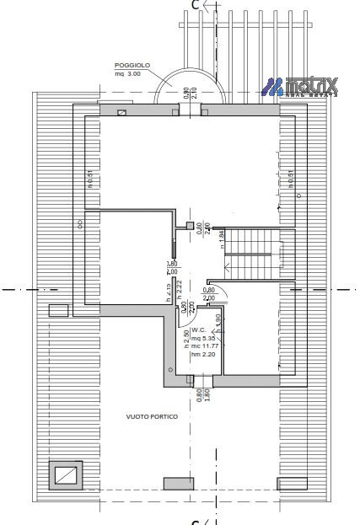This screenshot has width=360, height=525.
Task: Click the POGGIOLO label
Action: (x=132, y=64)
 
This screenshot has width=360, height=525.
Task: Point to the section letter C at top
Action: (x=196, y=5)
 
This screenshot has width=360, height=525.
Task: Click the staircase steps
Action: (x=252, y=252)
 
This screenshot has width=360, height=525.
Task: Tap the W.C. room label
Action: (x=199, y=329)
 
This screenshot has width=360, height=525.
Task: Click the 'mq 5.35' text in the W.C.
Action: (x=203, y=337)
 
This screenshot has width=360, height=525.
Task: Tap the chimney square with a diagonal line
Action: (x=66, y=476)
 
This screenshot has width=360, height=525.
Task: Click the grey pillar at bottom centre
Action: (x=179, y=483)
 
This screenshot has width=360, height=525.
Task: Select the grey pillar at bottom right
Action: (x=292, y=483)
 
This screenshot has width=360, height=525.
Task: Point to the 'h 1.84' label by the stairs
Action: (x=222, y=239)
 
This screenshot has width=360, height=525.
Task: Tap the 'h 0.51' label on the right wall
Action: (x=291, y=179)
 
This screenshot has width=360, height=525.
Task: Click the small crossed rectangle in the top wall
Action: (x=123, y=111)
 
